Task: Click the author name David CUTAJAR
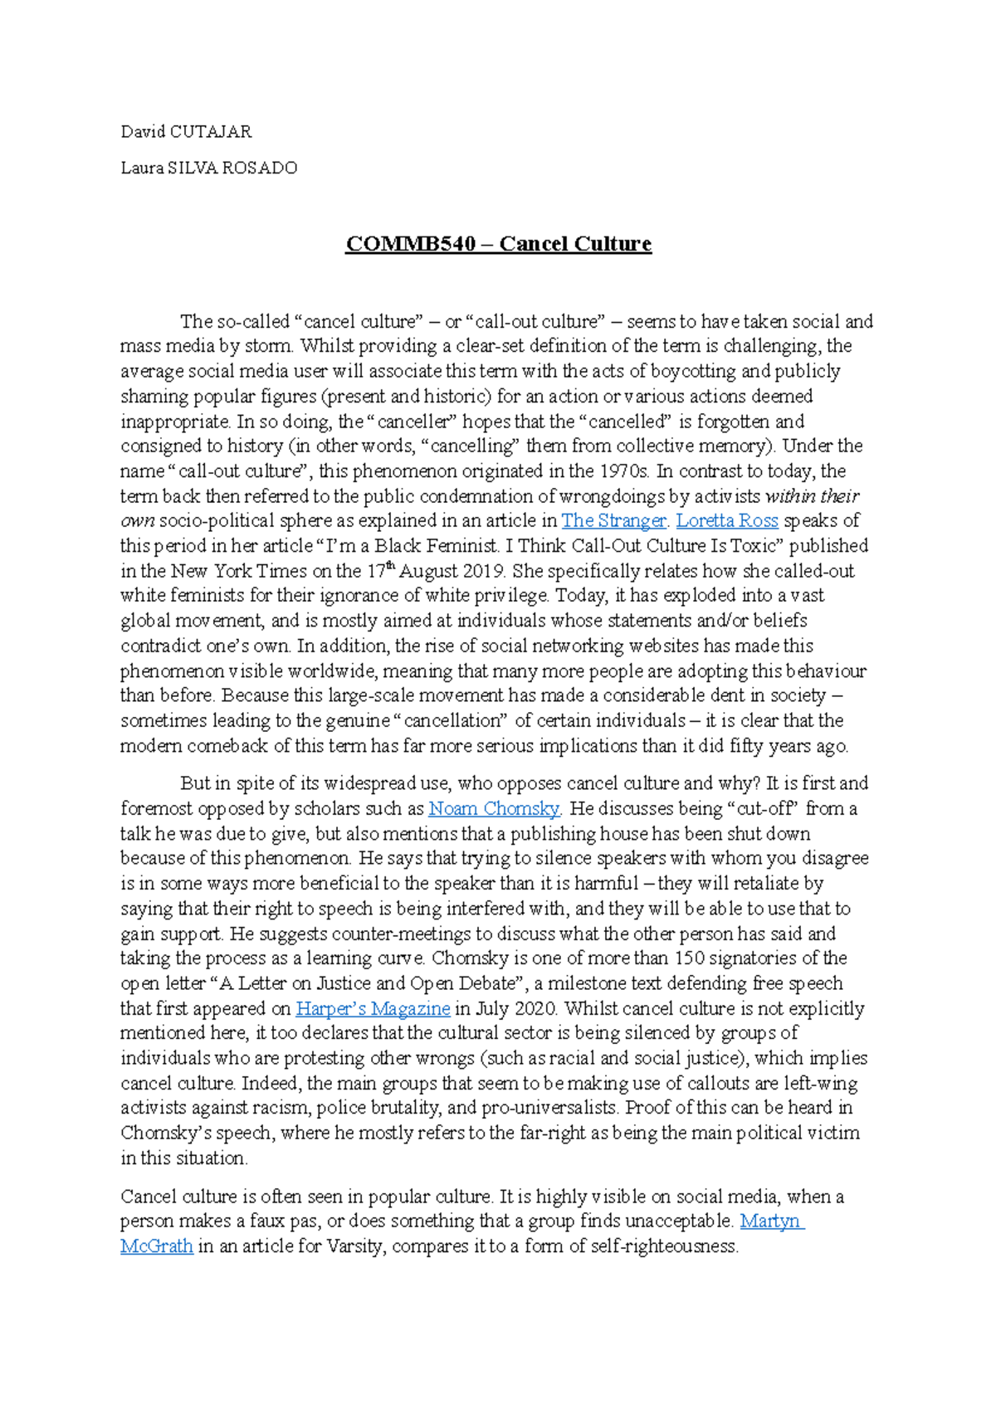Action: (x=186, y=131)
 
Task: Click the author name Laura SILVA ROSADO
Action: (x=208, y=168)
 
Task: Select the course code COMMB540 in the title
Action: (x=410, y=244)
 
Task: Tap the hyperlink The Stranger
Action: (x=613, y=521)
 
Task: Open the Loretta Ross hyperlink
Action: (x=727, y=521)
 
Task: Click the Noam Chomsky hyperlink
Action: (x=494, y=808)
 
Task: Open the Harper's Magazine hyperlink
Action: (x=373, y=1009)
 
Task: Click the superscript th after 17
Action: (x=393, y=567)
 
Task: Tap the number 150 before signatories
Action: (x=688, y=958)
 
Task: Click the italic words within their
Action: (x=811, y=496)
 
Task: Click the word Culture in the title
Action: (x=610, y=244)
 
